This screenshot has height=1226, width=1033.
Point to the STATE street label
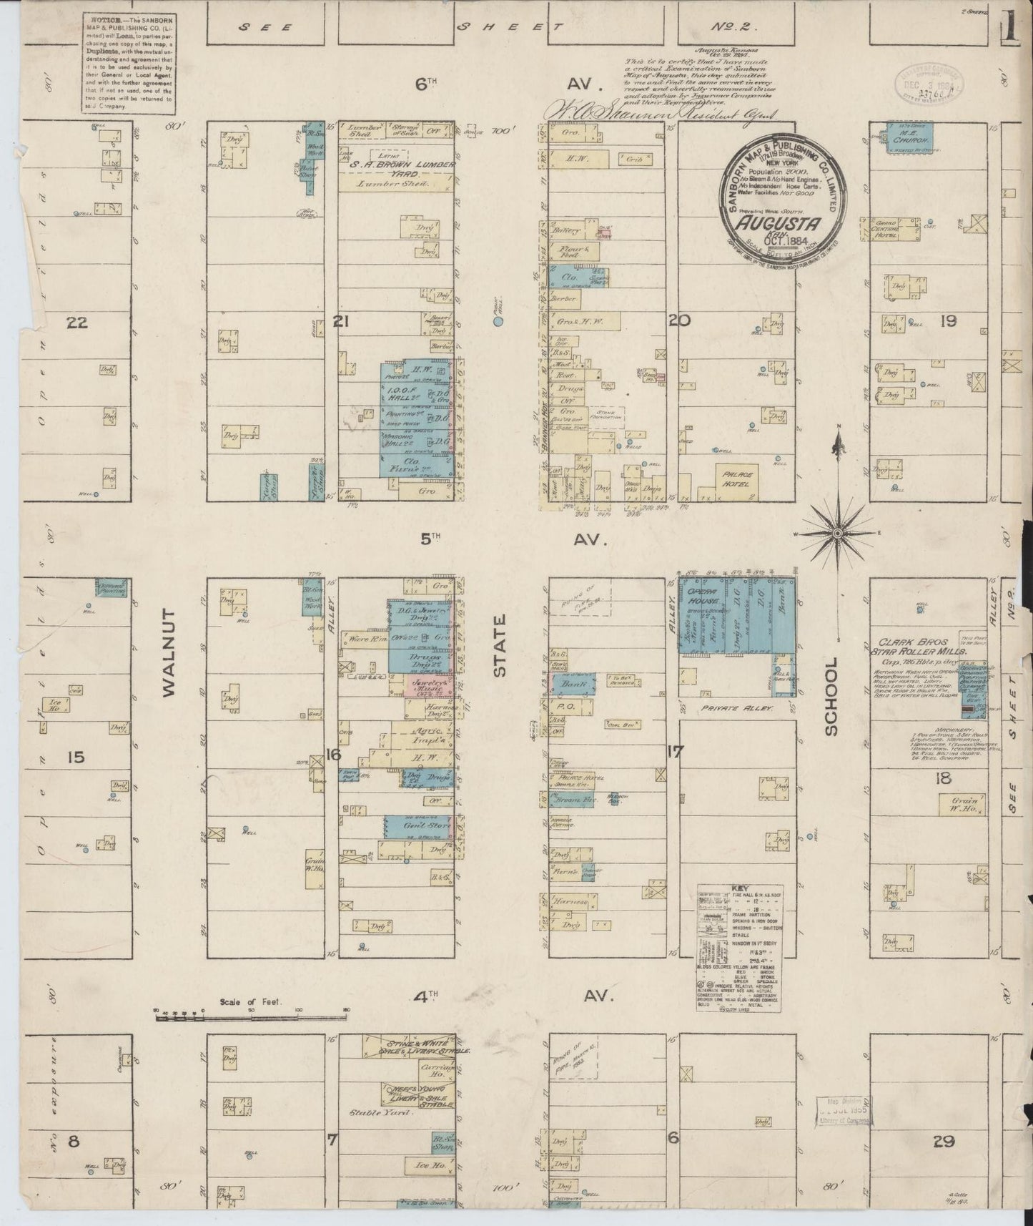(499, 645)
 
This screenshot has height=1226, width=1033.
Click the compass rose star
(837, 533)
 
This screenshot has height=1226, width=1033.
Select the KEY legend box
(739, 948)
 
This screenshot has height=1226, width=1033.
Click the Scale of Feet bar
(250, 1010)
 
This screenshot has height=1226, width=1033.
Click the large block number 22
(76, 323)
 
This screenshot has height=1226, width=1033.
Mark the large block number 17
(674, 752)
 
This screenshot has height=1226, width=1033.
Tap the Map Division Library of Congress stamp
(846, 1111)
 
